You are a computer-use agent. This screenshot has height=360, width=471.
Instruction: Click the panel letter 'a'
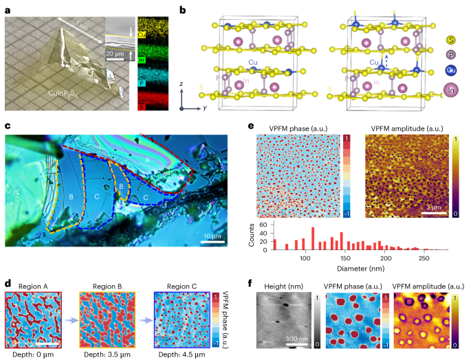8,10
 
